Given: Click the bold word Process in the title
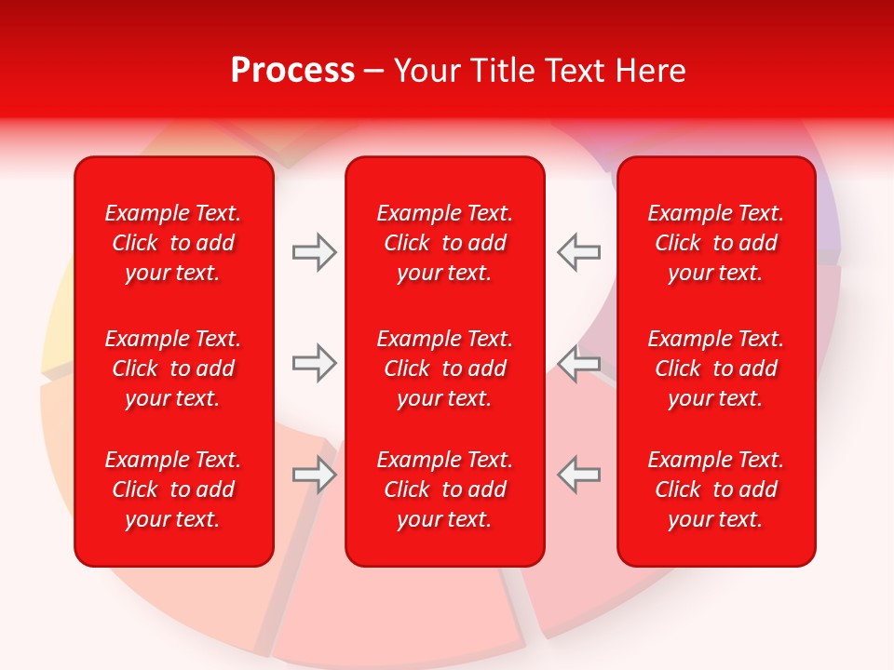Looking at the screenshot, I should [292, 71].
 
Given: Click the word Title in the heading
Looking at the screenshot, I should [496, 71].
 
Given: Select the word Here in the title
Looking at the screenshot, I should [650, 71].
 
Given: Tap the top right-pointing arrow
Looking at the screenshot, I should [314, 252].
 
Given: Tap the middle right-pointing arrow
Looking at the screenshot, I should [314, 362].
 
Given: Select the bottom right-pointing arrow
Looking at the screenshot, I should [314, 475].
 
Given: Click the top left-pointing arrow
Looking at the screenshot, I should [578, 252].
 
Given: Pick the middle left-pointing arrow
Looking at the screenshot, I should [578, 362].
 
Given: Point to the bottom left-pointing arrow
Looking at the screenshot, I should [578, 475].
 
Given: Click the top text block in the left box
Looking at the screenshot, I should [173, 243].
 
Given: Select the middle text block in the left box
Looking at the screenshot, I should [173, 368].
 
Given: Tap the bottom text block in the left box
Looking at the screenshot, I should [173, 489].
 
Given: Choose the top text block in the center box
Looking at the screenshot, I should [444, 243].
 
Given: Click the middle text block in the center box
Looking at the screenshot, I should [444, 368].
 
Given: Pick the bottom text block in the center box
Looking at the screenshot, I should [444, 489].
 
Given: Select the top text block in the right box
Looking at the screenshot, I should [715, 243].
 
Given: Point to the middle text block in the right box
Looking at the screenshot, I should [715, 368].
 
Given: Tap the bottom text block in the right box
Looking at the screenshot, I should [715, 489].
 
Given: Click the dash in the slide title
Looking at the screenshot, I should [374, 72].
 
